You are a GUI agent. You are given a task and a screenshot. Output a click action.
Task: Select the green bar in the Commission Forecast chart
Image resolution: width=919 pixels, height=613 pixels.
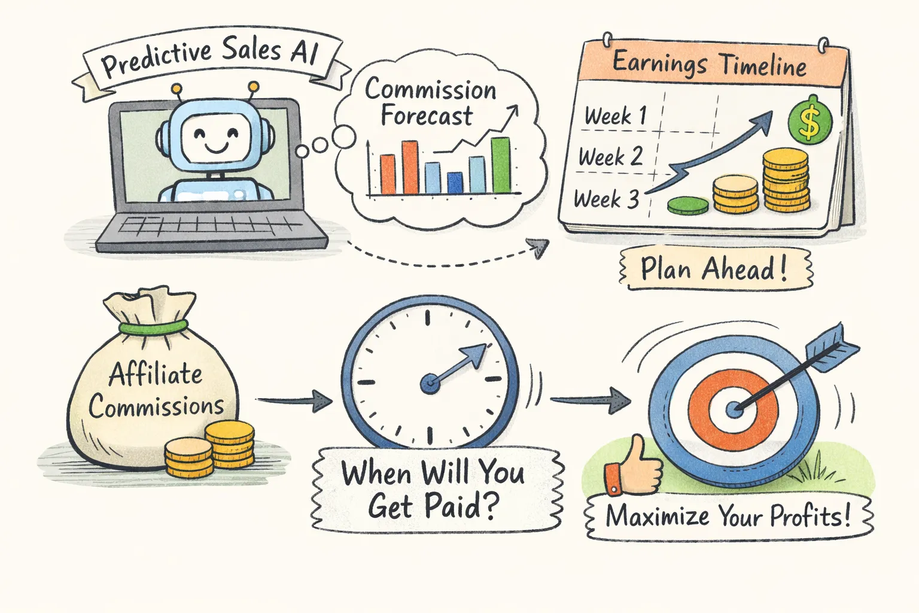501,165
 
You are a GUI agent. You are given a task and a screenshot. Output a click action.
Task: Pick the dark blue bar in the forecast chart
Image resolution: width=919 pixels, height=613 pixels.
455,183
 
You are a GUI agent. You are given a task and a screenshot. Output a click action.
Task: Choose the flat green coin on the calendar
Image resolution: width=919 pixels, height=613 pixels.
688,206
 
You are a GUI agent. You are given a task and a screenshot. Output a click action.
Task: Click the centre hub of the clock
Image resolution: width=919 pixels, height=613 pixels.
430,383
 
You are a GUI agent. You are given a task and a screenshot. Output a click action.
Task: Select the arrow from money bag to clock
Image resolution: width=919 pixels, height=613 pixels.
293,400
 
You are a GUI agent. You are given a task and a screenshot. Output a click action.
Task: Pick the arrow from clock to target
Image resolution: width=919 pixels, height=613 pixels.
589,400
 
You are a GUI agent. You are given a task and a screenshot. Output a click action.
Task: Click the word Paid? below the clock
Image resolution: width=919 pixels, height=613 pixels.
461,506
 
